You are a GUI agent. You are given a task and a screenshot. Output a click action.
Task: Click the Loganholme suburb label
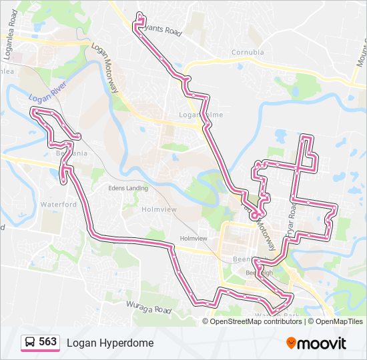pyautogui.click(x=200, y=115)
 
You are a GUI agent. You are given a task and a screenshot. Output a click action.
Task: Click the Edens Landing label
pyautogui.click(x=128, y=188)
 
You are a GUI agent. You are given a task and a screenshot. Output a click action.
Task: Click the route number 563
pyautogui.click(x=47, y=341)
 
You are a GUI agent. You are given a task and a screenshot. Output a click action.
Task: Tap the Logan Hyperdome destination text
pyautogui.click(x=109, y=343)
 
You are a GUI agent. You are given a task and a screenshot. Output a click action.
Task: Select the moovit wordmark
pyautogui.click(x=322, y=343)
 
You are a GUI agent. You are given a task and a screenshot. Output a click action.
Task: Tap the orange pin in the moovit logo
pyautogui.click(x=291, y=343)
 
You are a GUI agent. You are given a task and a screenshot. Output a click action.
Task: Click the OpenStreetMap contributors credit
pyautogui.click(x=256, y=321)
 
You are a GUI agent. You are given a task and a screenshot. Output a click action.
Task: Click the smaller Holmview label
pyautogui.click(x=194, y=238)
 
